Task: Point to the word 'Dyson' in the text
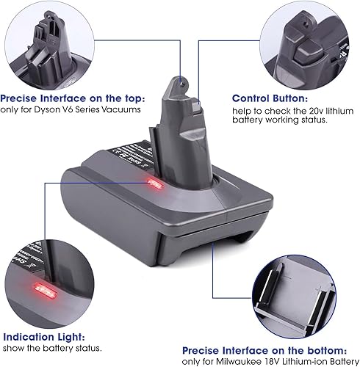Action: click(45, 110)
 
